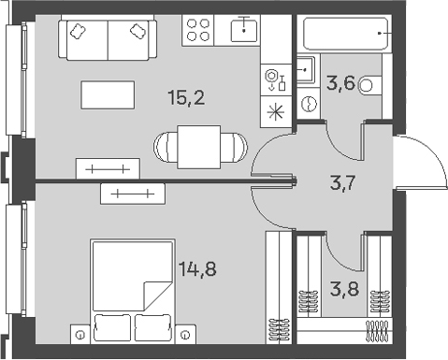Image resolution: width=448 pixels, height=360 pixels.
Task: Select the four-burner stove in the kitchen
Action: pyautogui.click(x=198, y=30)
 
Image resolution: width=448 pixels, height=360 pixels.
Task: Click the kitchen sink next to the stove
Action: pyautogui.click(x=243, y=29)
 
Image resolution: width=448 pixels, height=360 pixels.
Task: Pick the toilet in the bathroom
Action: pyautogui.click(x=370, y=85)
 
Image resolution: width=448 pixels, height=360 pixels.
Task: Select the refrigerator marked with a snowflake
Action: pyautogui.click(x=274, y=111)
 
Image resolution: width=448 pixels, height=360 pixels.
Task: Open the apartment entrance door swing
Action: pyautogui.click(x=412, y=173)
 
